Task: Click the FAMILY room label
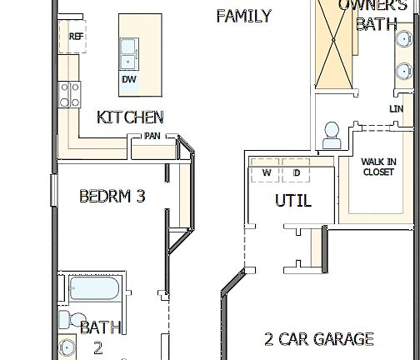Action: [243, 16]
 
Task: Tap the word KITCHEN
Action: [130, 117]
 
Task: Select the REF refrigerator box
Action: [76, 37]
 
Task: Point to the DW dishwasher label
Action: [129, 79]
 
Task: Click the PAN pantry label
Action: [152, 136]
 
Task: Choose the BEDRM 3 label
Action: [112, 197]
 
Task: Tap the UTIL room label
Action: [293, 201]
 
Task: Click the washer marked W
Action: [267, 172]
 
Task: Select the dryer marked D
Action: [296, 172]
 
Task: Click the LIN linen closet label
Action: [396, 109]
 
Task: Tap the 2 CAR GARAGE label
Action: [318, 339]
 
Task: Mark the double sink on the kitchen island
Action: [129, 54]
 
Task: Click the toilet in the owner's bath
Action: [331, 134]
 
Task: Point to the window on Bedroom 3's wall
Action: [52, 188]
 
